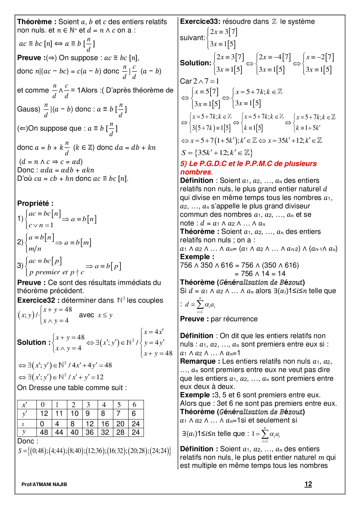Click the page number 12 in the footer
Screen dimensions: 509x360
coord(308,484)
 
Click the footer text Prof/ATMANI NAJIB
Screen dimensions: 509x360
coord(44,484)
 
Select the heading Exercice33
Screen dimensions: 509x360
coord(200,21)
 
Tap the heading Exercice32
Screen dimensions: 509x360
coord(38,300)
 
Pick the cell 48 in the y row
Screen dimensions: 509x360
coord(44,432)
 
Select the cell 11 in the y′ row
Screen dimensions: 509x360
coord(59,414)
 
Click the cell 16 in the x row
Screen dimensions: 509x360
coord(105,424)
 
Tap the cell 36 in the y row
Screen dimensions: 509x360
coord(90,432)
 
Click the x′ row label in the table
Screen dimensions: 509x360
coord(25,405)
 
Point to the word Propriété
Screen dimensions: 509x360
coord(35,203)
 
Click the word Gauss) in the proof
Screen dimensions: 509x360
coord(28,109)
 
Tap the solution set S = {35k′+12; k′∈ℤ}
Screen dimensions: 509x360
coord(217,153)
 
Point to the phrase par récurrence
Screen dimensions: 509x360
coord(234,319)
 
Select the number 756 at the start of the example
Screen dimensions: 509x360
coord(186,265)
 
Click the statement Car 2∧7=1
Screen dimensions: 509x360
coord(199,81)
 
